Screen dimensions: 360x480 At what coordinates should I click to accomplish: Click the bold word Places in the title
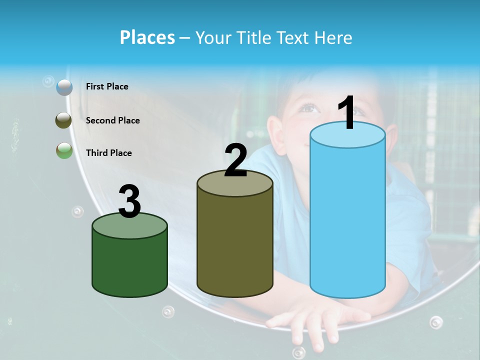[147, 37]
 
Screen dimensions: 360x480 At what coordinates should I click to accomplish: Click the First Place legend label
[107, 86]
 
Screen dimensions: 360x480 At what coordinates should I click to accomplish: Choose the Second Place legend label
[112, 120]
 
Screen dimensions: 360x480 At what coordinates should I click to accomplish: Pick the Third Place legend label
[108, 153]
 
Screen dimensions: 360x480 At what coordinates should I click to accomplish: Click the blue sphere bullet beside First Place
[64, 87]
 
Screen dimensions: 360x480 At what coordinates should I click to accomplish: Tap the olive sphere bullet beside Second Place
[63, 120]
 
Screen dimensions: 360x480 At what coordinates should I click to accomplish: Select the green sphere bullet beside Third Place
[64, 150]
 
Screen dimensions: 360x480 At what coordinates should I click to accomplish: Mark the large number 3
[129, 201]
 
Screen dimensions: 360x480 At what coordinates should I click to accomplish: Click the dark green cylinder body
[129, 265]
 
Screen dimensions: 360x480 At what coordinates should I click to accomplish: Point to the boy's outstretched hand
[310, 322]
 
